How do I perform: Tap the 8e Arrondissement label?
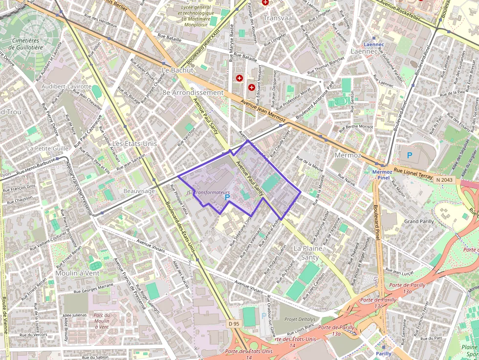click(193, 92)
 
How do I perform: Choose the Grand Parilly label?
click(419, 221)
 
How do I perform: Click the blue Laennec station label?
click(374, 44)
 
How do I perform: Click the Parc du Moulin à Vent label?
click(102, 321)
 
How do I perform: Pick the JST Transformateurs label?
click(208, 192)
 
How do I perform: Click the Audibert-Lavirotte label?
click(66, 86)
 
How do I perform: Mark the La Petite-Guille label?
click(47, 148)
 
